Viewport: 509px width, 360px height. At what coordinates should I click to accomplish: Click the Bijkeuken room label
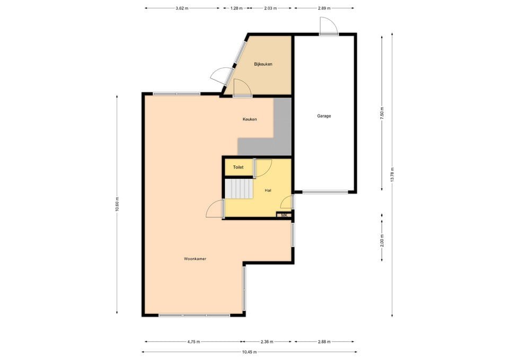[263, 64]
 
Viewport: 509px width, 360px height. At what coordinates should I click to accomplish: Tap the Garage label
[324, 116]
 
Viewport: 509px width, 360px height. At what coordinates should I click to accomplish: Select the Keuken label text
[250, 119]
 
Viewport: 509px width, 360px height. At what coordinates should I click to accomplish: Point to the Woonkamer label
[195, 259]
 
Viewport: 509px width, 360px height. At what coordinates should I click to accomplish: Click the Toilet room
[238, 167]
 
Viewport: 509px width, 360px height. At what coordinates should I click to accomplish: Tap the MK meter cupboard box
[284, 215]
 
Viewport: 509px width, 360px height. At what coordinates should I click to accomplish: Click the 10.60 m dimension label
[117, 204]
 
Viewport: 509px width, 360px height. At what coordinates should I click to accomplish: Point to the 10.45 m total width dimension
[249, 352]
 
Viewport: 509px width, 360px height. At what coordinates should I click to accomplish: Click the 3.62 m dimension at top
[182, 8]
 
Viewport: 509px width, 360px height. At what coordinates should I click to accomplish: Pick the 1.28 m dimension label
[236, 8]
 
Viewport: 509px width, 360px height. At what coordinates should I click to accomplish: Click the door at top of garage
[327, 26]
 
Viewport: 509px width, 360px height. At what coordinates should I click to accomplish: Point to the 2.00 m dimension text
[381, 240]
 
